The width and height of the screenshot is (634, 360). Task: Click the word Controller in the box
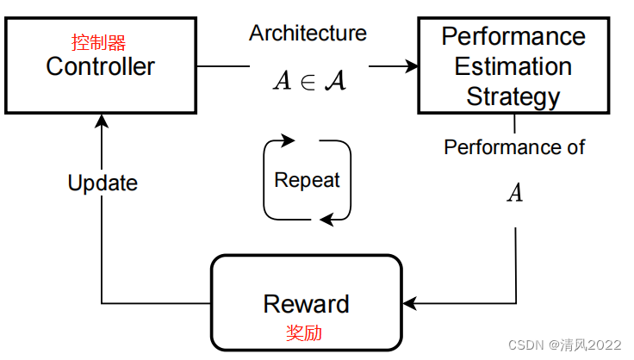(100, 66)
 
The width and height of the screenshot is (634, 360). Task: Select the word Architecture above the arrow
(308, 34)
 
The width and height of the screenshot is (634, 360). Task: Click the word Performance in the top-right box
(513, 37)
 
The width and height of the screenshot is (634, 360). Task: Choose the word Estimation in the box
(513, 66)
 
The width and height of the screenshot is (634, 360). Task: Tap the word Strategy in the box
(513, 96)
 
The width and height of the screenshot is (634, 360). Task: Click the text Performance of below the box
(514, 147)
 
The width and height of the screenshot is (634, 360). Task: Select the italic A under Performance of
(514, 193)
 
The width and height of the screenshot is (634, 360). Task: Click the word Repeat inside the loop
(307, 180)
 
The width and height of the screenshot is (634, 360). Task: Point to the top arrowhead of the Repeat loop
(289, 140)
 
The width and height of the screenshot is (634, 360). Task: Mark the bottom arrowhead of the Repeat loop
(326, 220)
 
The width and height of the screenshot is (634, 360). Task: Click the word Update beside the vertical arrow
(103, 183)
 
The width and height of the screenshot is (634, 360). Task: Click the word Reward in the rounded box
(306, 303)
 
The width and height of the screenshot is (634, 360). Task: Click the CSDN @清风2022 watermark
(564, 344)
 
